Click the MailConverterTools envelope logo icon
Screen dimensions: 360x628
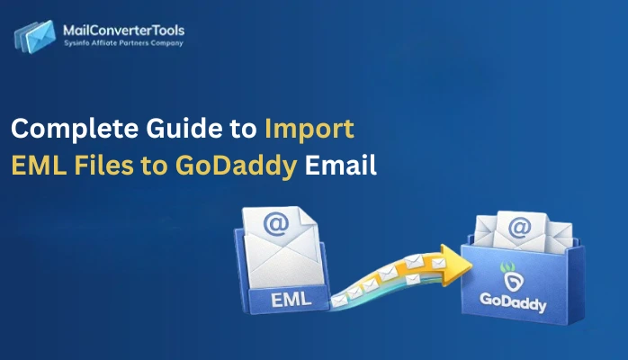[x=33, y=37]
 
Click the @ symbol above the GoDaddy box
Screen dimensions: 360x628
[x=518, y=229]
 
